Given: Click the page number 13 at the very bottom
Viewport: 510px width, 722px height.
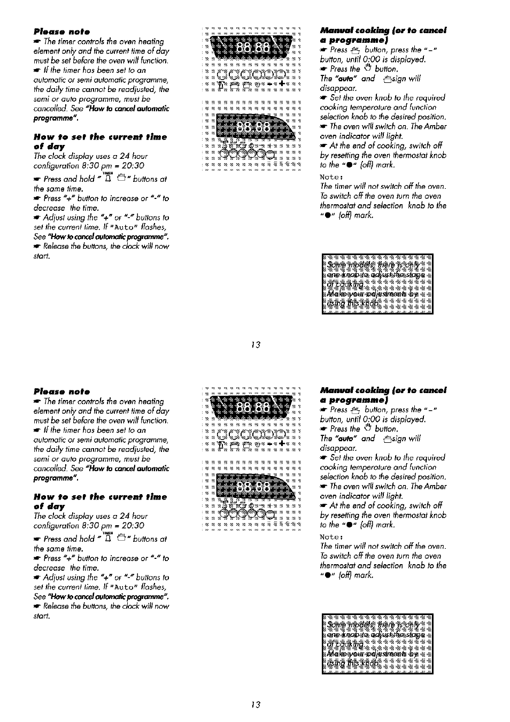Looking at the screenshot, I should click(x=256, y=704).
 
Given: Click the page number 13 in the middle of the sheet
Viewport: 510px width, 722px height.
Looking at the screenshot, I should click(x=256, y=344).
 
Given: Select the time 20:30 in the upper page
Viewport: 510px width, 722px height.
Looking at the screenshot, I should click(x=133, y=166).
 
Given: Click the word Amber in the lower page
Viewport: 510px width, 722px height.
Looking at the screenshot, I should click(x=436, y=486).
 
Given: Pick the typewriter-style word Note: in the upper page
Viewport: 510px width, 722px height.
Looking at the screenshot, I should click(x=330, y=177).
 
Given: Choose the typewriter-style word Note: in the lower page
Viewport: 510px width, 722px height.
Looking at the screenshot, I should click(x=330, y=537).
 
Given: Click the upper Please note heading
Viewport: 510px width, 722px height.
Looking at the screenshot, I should click(x=61, y=32).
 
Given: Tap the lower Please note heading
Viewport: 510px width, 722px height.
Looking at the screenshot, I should click(x=61, y=391).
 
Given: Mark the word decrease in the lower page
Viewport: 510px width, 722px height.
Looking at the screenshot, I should click(x=49, y=568).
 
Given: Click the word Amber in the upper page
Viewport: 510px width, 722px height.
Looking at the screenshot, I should click(x=436, y=126).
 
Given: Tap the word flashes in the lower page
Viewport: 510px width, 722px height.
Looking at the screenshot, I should click(x=153, y=587).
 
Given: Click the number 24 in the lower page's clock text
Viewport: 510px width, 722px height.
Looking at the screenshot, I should click(x=125, y=516).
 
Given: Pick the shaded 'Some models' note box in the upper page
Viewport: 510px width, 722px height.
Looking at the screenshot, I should click(x=377, y=284).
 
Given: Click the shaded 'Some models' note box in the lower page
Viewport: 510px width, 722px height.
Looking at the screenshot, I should click(x=377, y=644).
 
